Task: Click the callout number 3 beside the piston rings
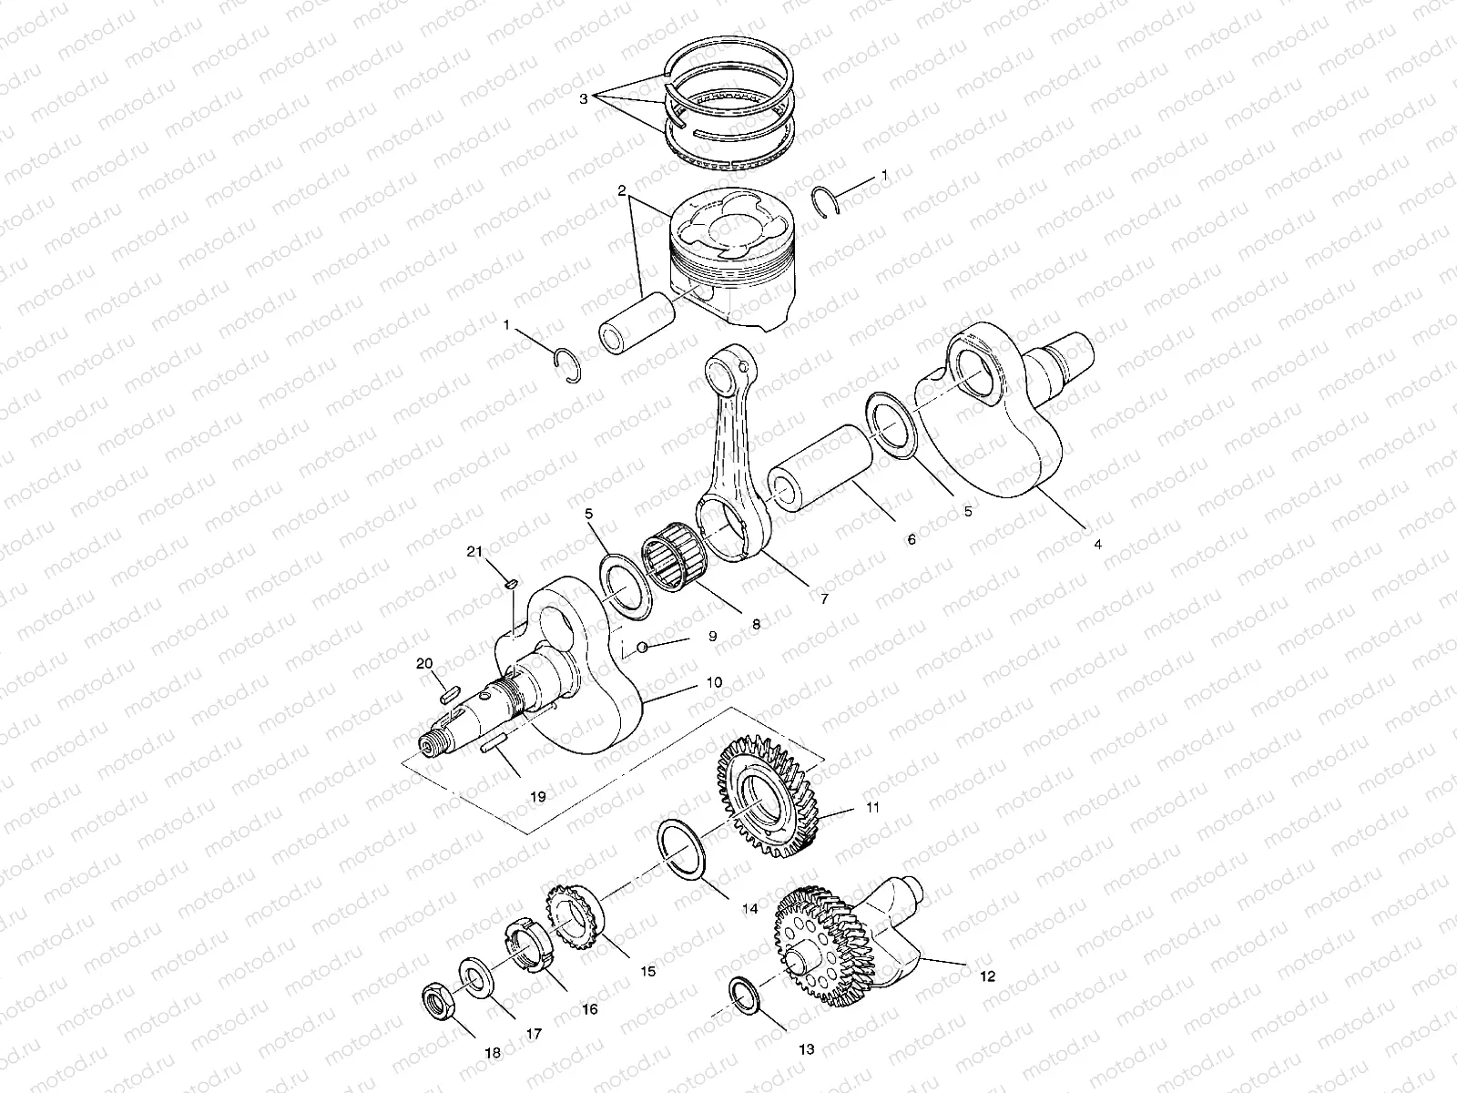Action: [x=584, y=99]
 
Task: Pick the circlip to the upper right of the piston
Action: [x=827, y=200]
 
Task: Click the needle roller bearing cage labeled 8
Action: [x=674, y=557]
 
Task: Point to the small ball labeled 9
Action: [x=641, y=647]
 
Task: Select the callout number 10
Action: [x=714, y=681]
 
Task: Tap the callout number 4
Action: [x=1098, y=544]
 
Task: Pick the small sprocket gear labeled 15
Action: [x=575, y=915]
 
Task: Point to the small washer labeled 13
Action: [x=745, y=996]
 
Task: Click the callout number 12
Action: [x=988, y=976]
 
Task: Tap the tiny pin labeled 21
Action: [x=511, y=583]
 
